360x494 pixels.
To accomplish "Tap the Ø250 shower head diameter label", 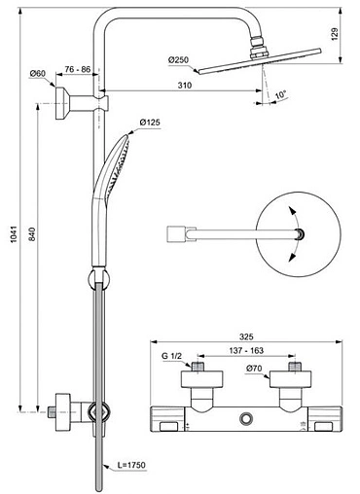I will tap(178, 60).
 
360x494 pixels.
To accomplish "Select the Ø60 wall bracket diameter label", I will tap(39, 74).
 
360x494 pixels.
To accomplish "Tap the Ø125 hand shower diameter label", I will tap(149, 123).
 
